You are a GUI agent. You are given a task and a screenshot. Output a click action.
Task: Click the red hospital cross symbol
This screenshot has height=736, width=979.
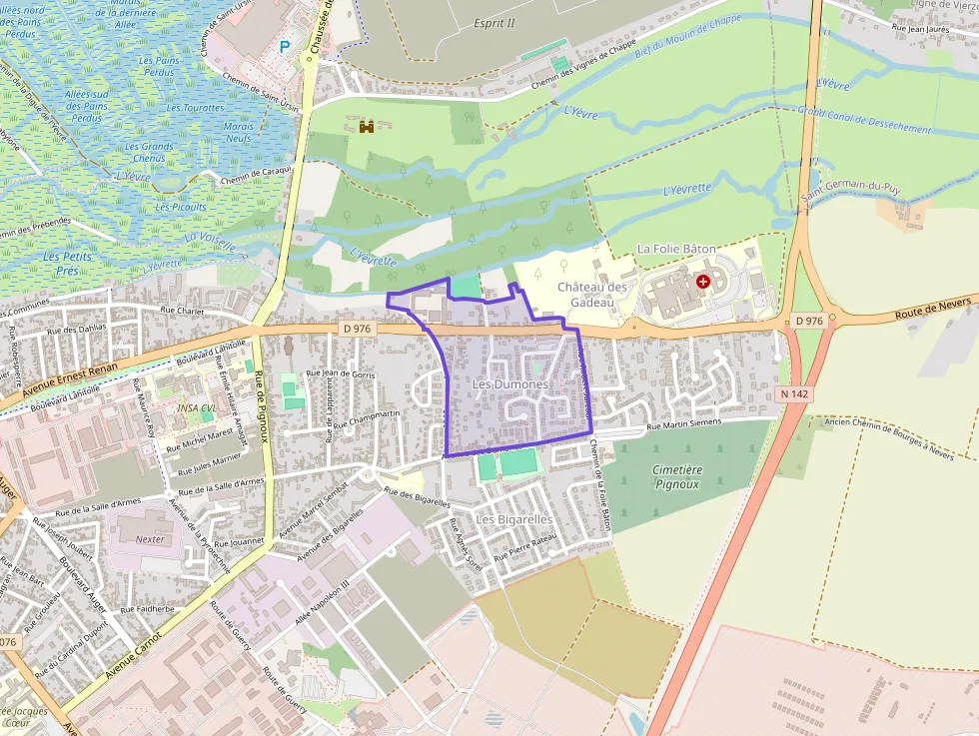703,283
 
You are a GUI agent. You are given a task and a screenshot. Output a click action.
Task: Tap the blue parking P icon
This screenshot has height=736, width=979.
285,46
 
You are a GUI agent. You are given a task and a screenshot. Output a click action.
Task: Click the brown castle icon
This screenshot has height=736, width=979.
367,126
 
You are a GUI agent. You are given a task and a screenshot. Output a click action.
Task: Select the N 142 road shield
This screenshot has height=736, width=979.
794,394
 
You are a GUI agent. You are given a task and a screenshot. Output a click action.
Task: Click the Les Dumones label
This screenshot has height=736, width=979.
509,384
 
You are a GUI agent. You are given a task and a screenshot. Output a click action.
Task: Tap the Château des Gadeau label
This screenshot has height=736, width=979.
592,294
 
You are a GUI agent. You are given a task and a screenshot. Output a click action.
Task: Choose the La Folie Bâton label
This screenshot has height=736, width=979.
676,248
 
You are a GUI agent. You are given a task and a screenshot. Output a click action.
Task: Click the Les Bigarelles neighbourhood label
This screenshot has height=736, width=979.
514,519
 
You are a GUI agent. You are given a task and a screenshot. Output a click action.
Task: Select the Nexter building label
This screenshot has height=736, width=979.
150,539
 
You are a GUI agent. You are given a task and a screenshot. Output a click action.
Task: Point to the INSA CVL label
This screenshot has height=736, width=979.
196,407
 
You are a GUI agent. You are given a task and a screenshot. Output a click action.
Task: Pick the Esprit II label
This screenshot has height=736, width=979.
494,23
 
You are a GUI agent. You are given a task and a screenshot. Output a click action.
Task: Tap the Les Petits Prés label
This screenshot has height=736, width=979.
67,264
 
